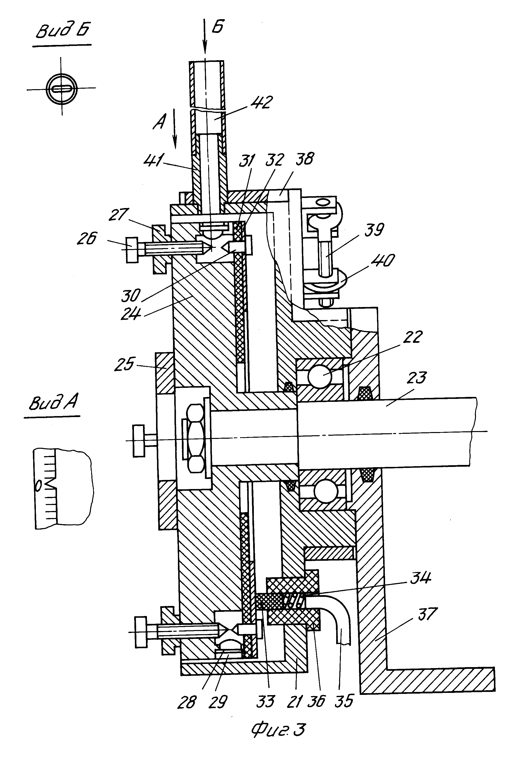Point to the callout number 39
click(x=374, y=230)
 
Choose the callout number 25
click(x=124, y=364)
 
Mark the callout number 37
click(x=427, y=614)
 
